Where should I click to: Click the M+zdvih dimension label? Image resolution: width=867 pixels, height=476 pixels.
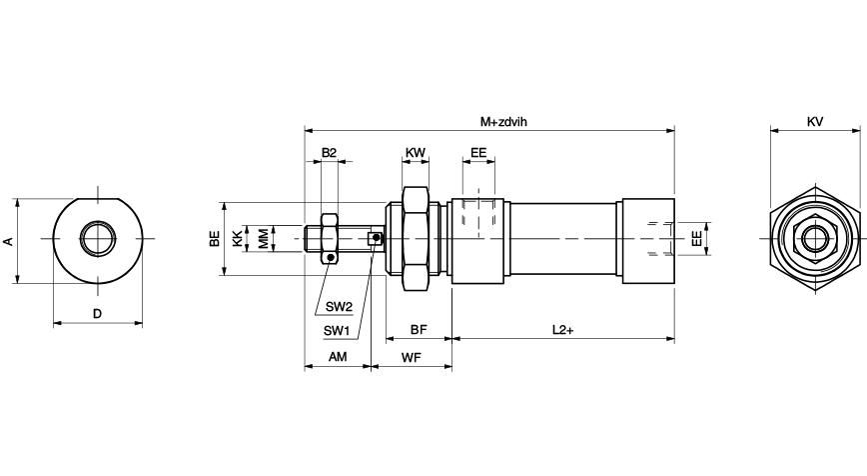point(502,121)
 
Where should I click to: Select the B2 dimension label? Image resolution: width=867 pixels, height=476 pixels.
point(329,153)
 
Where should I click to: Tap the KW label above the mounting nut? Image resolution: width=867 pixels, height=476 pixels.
point(416,153)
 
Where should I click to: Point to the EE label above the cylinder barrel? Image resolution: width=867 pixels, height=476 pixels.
point(478,153)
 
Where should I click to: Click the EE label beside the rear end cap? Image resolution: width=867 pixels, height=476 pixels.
point(696,239)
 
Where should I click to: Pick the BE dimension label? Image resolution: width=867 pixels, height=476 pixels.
point(214,239)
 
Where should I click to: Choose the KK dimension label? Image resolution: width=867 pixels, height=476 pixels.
point(237,239)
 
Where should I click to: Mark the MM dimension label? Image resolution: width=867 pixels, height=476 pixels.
point(262,239)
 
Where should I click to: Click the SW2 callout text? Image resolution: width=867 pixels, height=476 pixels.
point(338,306)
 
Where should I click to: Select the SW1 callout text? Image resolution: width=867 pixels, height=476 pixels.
point(336,331)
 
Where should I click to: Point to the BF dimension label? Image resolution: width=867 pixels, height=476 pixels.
point(419,329)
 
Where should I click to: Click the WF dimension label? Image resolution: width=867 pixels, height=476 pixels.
point(411,356)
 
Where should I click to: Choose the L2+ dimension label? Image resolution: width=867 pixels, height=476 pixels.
point(562,329)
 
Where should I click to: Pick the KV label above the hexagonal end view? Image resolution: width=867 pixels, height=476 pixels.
point(815,121)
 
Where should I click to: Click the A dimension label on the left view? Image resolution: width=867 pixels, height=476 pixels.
point(8,241)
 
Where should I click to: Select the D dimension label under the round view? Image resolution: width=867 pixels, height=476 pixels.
point(97,314)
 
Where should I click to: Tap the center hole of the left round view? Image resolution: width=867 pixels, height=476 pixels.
point(97,239)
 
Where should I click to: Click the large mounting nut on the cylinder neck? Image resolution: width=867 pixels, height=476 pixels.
point(416,239)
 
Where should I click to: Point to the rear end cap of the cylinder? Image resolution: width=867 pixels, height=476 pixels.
point(647,239)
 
